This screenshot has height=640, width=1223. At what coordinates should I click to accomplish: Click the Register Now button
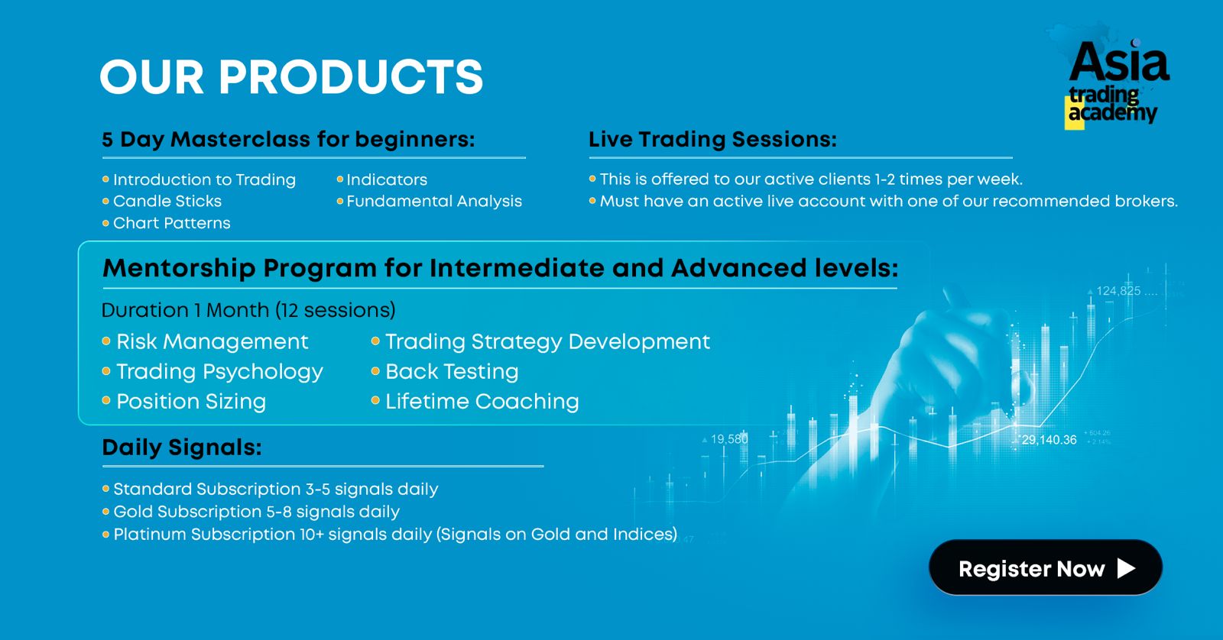[x=1046, y=567]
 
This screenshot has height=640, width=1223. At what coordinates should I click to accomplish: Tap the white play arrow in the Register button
[x=1126, y=568]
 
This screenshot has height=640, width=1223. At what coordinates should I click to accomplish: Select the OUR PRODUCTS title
[x=291, y=77]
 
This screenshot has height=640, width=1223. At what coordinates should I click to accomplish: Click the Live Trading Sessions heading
[x=712, y=139]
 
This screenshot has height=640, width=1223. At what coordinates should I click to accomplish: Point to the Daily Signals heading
[x=182, y=448]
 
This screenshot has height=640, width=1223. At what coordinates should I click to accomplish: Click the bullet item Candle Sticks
[x=167, y=202]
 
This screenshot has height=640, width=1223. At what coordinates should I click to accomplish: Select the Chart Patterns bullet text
[x=171, y=223]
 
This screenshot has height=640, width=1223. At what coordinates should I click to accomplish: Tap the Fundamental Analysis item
[x=434, y=202]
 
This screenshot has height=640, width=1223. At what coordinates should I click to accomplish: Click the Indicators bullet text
[x=387, y=179]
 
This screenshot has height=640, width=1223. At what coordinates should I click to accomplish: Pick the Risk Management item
[x=212, y=342]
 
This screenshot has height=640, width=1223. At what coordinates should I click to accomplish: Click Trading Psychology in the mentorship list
[x=219, y=372]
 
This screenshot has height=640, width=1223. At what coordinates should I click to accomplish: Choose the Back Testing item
[x=452, y=372]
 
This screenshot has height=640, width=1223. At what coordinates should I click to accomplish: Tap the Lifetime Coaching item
[x=482, y=402]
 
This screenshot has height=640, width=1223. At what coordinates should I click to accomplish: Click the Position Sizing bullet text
[x=191, y=402]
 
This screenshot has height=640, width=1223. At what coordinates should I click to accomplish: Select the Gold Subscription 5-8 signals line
[x=256, y=512]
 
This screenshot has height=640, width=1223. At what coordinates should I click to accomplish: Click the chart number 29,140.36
[x=1049, y=440]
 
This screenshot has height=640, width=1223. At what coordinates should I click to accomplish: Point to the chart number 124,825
[x=1119, y=291]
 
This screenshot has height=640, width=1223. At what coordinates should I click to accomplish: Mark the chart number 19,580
[x=729, y=438]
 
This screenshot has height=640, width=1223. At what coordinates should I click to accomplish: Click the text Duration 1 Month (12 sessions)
[x=248, y=310]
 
